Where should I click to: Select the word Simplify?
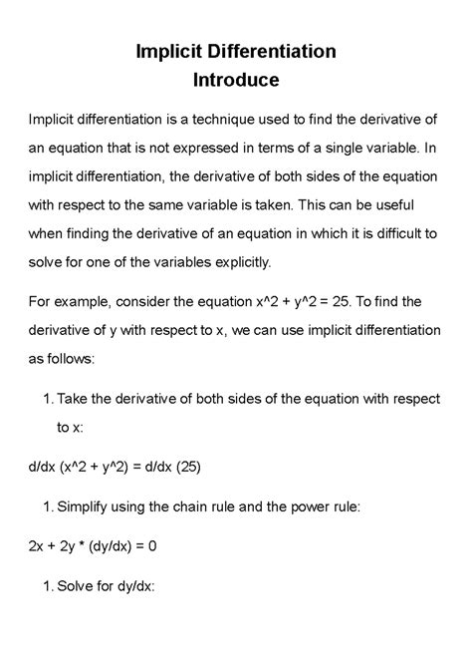click(x=89, y=506)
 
